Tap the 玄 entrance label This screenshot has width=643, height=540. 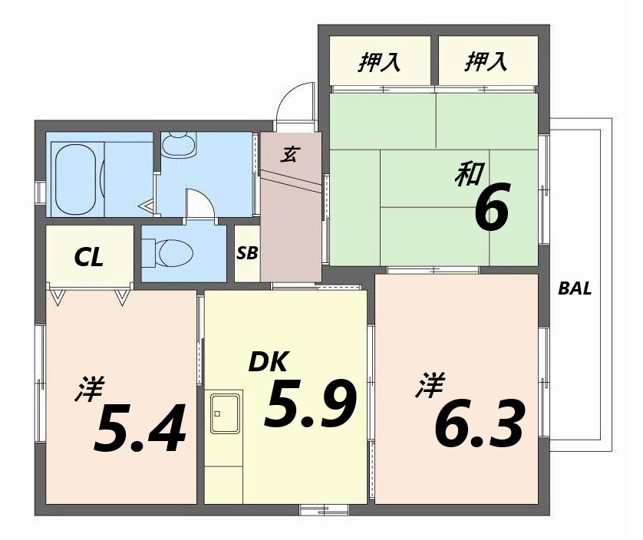tap(289, 154)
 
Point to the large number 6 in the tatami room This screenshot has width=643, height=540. tap(491, 209)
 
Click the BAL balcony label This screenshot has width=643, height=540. tap(575, 289)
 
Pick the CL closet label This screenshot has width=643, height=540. tap(89, 258)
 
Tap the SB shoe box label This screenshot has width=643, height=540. tap(247, 252)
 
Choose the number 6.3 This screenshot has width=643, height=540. tap(480, 423)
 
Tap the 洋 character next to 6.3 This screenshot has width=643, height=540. tap(428, 384)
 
